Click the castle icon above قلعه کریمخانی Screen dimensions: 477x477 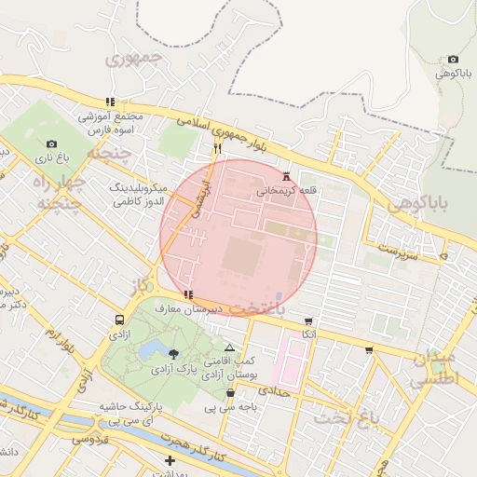click(286, 176)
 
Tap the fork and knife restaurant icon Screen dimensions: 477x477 click(217, 147)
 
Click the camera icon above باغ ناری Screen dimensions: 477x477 click(51, 144)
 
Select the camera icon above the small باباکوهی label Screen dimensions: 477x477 click(454, 59)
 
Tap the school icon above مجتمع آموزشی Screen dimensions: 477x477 click(111, 102)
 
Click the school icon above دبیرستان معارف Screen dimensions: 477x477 click(189, 294)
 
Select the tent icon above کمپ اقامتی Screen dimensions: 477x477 click(230, 347)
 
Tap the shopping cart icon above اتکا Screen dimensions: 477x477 click(308, 321)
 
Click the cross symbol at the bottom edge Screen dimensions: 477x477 click(170, 460)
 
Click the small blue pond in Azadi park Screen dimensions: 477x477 click(149, 349)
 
